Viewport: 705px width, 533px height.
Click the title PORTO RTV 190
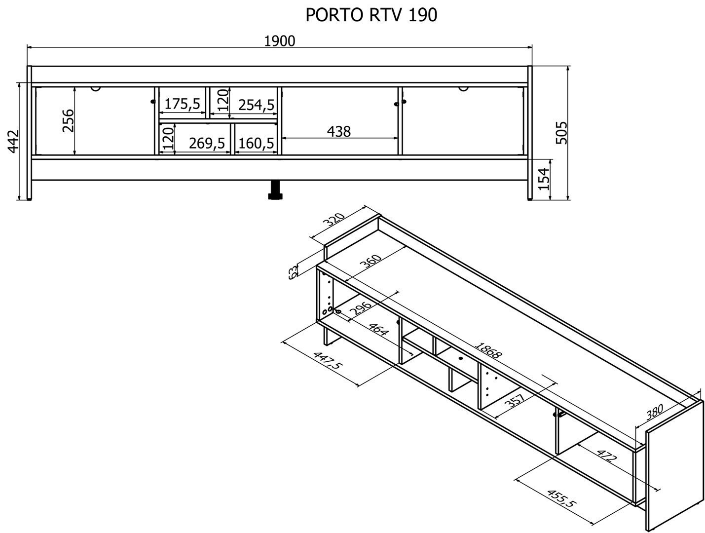[x=371, y=15]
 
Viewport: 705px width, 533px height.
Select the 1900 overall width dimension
[x=279, y=41]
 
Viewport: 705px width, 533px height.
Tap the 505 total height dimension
[x=561, y=133]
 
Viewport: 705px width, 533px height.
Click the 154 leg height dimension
[x=544, y=179]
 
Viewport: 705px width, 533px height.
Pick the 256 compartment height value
[x=68, y=120]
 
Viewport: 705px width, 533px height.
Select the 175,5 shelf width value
[x=183, y=104]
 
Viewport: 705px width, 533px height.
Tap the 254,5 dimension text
[x=257, y=105]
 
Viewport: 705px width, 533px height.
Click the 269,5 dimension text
[x=207, y=143]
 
